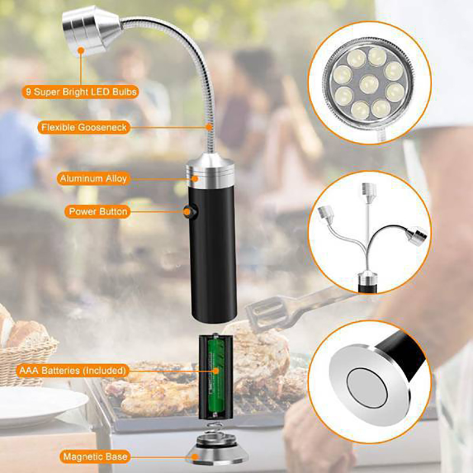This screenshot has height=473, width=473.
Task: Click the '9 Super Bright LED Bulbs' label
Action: [x=80, y=92]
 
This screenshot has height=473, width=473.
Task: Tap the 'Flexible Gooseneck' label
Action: [x=84, y=127]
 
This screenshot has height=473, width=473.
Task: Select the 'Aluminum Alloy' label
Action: [x=93, y=179]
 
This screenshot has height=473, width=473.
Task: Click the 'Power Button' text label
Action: [x=98, y=212]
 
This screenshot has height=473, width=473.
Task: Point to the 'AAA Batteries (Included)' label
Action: [x=72, y=371]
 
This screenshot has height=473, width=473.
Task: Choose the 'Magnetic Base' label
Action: [x=95, y=456]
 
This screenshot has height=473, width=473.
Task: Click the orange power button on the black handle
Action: [x=188, y=212]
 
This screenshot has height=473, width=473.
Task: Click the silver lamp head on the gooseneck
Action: [x=90, y=30]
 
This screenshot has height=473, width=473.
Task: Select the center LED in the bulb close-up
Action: [x=369, y=84]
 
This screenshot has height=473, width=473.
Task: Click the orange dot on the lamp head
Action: [x=80, y=50]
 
